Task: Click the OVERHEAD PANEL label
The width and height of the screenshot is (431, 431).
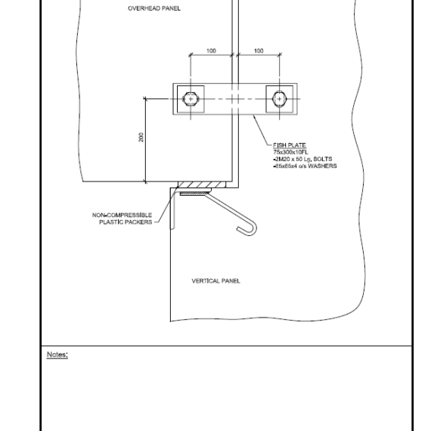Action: coord(154,8)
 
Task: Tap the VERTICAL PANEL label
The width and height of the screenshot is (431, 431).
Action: coord(215,281)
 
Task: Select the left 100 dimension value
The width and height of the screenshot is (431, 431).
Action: coord(211,51)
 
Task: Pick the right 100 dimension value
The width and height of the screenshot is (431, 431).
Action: coord(259,51)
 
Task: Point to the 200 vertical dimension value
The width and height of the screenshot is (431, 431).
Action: coord(141,137)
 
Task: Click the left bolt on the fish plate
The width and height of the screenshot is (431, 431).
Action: coord(191,99)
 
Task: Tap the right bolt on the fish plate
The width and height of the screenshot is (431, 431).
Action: coord(279,99)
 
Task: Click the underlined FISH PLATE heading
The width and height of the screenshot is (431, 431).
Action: coord(290,145)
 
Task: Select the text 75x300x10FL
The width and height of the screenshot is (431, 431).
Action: coord(290,152)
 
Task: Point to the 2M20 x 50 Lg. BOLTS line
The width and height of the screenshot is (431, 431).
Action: coord(302,159)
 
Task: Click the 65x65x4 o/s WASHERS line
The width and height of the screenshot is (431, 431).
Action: coord(305,166)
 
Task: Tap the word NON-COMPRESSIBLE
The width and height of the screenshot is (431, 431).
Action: coord(122,215)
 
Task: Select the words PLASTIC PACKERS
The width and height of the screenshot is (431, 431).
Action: coord(126,222)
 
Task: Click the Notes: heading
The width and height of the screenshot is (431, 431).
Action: coord(57,355)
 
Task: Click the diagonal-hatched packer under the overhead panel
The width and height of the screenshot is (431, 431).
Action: coord(202,184)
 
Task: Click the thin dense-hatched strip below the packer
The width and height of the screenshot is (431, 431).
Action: coord(194,194)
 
